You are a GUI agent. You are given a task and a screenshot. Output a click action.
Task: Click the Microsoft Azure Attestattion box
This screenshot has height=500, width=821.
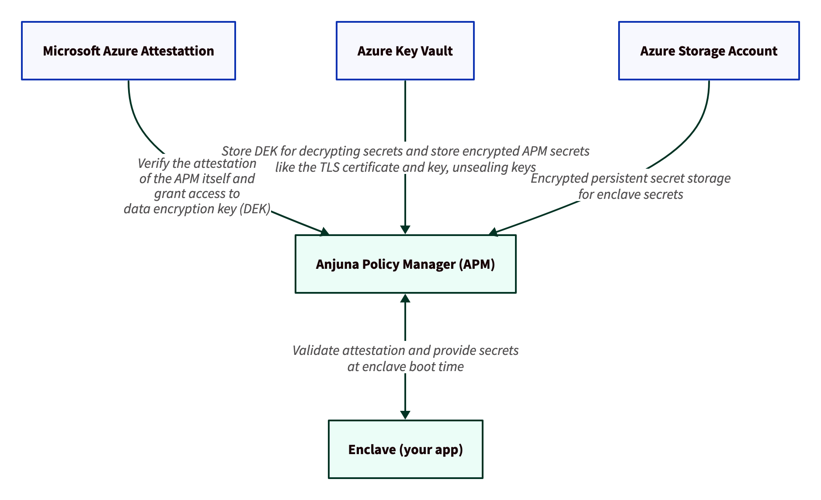[129, 51]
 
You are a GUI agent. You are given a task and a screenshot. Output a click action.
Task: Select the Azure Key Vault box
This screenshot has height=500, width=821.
[405, 51]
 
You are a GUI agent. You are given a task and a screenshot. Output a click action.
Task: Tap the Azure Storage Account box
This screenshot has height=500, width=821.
[709, 51]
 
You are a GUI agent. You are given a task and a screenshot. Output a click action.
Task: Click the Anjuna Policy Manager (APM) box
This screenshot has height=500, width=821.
[405, 264]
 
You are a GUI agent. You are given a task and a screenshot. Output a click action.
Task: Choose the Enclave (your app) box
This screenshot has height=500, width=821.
[405, 449]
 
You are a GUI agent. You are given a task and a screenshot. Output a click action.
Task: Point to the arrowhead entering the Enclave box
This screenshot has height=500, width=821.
[405, 415]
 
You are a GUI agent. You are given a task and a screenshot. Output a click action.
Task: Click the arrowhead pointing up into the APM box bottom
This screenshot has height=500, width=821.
[405, 299]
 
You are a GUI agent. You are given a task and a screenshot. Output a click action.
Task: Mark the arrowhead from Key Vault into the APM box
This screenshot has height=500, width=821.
[405, 230]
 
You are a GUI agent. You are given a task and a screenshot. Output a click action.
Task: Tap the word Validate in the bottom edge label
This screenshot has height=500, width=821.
[316, 351]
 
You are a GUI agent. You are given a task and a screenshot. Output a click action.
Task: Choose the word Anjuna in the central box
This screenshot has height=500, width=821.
[336, 264]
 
